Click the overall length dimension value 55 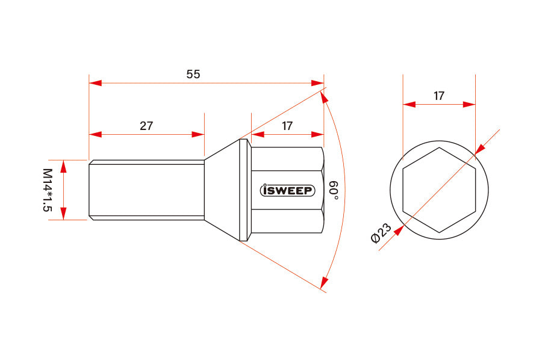tap(193, 74)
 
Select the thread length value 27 tap(146, 126)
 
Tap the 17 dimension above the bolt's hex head tap(287, 126)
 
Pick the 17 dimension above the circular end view tap(439, 96)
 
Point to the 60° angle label tap(334, 190)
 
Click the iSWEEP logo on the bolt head tap(287, 190)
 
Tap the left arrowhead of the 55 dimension tap(95, 82)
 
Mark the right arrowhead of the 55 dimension tap(318, 82)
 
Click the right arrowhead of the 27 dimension tap(198, 134)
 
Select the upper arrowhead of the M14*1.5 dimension tap(64, 166)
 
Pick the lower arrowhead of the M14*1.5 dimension tap(64, 214)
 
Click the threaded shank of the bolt tap(146, 190)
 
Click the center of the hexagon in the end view tap(439, 190)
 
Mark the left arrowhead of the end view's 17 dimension tap(410, 104)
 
